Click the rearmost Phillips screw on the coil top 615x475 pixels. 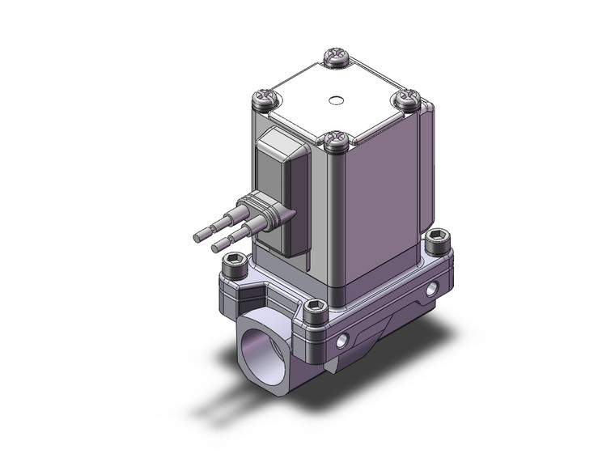[336, 57]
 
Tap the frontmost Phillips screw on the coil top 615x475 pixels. [335, 142]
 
